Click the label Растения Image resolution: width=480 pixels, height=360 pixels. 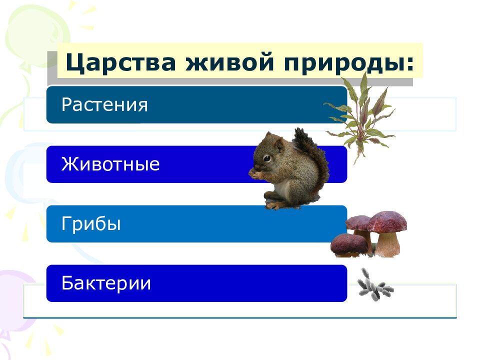pyautogui.click(x=105, y=105)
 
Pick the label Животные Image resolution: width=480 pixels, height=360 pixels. pyautogui.click(x=110, y=164)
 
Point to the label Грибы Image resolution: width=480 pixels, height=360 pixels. pyautogui.click(x=91, y=224)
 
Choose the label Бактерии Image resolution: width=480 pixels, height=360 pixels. pyautogui.click(x=106, y=283)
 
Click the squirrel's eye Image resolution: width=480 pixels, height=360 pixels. pyautogui.click(x=267, y=158)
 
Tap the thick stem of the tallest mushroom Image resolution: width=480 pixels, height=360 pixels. pyautogui.click(x=388, y=244)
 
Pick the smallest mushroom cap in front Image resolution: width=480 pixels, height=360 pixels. pyautogui.click(x=349, y=243)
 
